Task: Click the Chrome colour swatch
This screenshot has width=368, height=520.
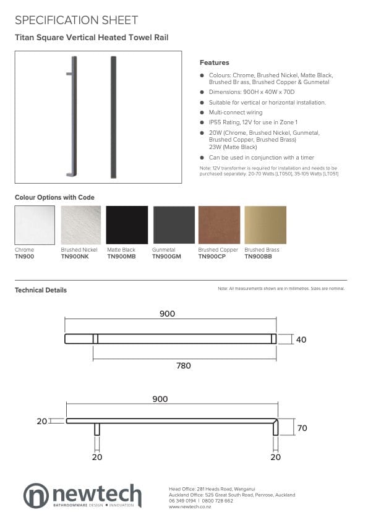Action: point(35,225)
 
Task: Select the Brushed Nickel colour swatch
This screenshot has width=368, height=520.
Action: point(81,225)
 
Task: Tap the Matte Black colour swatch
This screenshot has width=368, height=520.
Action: point(127,225)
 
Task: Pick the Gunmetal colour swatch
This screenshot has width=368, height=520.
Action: point(173,225)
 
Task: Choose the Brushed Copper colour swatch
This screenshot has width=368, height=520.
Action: point(219,225)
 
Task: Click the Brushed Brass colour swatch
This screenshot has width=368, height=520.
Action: point(265,225)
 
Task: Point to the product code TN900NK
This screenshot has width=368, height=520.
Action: point(75,256)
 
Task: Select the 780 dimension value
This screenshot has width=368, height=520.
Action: point(184,365)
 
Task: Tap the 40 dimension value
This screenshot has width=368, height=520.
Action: point(301,339)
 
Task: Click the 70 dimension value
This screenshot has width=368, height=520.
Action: point(301,428)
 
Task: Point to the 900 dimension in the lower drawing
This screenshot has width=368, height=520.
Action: point(160,399)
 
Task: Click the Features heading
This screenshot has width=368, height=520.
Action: point(214,62)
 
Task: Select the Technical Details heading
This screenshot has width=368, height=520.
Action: point(41,290)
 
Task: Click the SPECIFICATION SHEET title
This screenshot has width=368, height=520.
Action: point(76,20)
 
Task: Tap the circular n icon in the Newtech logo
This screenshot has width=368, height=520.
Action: point(36,496)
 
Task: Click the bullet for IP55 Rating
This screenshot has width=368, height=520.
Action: point(202,122)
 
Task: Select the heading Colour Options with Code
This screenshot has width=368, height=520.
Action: point(54,197)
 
